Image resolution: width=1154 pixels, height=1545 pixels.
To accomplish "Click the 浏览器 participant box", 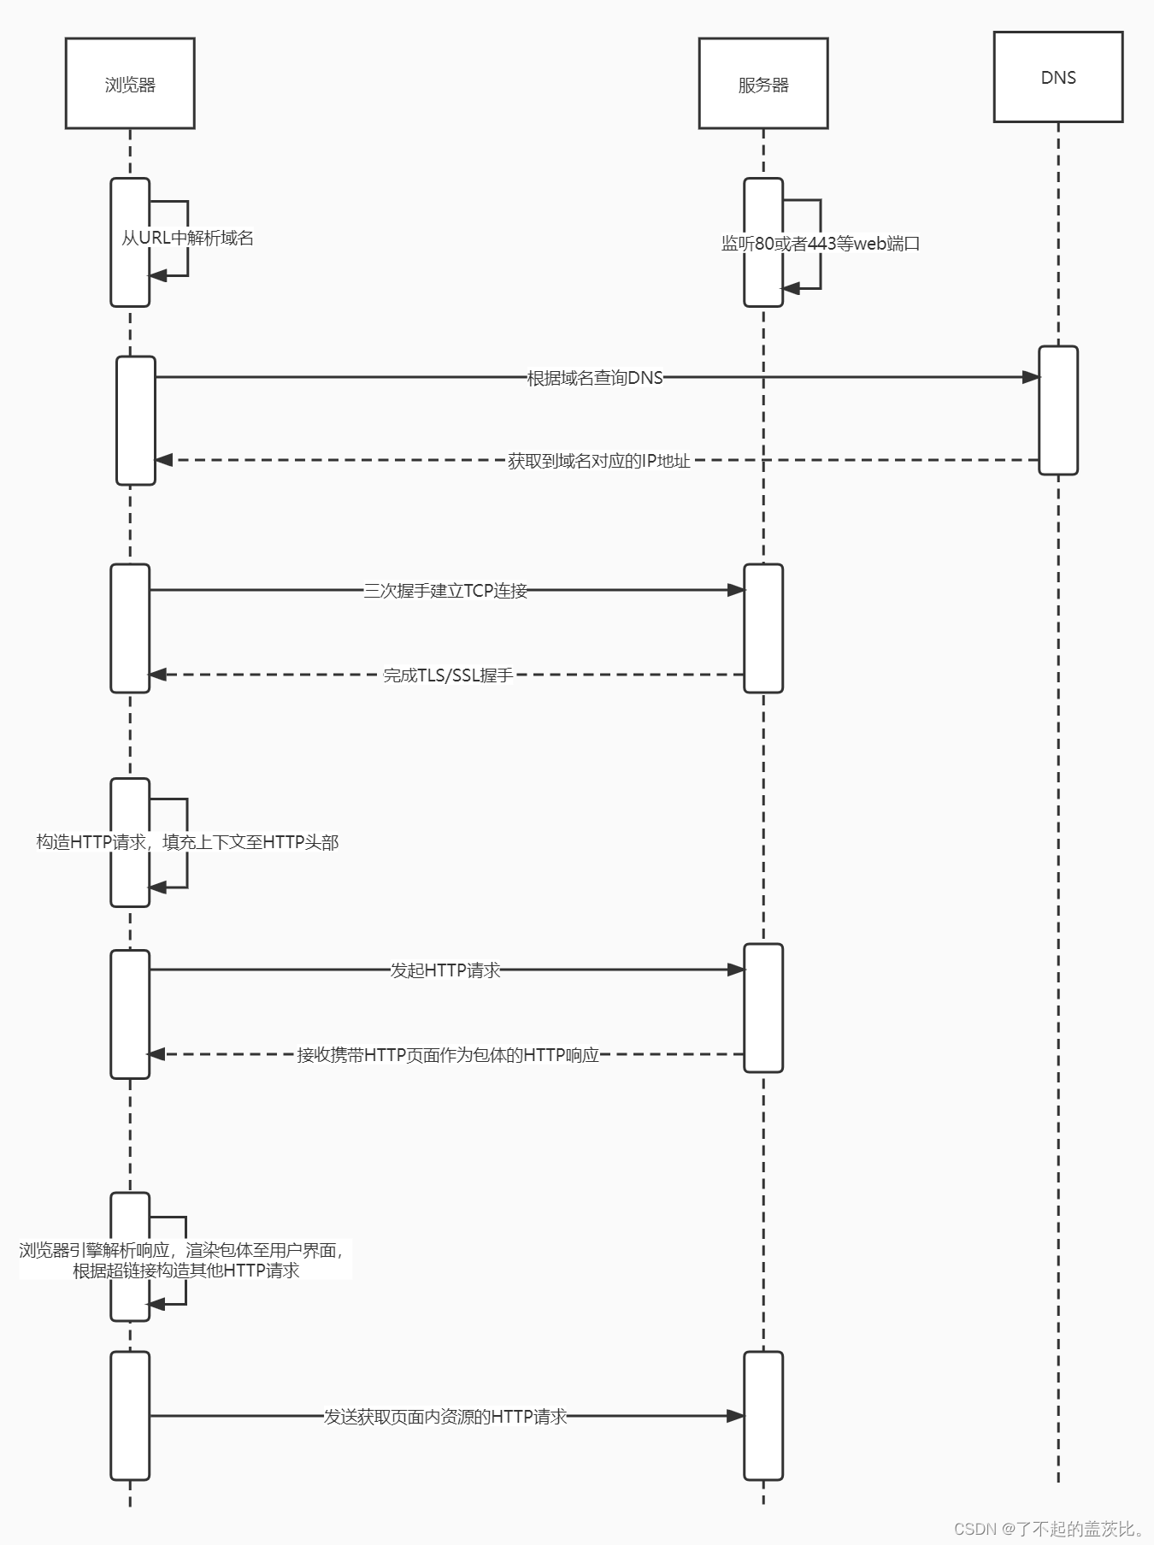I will coord(130,84).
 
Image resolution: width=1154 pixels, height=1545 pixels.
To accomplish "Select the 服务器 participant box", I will coord(762,84).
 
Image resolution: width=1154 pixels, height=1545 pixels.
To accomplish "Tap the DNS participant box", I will coord(1057,77).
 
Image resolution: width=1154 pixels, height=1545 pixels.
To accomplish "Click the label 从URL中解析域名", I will coord(187,239).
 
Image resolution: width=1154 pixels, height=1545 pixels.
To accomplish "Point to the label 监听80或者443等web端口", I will coord(820,244).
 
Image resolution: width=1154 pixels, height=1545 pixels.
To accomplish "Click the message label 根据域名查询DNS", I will coord(595,377).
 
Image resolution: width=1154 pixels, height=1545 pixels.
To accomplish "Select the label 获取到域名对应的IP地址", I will coord(598,461).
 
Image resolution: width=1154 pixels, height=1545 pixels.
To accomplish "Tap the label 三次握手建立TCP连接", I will coord(445,591).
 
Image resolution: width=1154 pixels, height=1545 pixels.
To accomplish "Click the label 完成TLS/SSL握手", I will coord(448,675).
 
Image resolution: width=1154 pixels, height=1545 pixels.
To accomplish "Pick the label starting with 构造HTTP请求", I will coord(187,842).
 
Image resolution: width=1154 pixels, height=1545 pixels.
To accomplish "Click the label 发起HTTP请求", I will coord(445,970).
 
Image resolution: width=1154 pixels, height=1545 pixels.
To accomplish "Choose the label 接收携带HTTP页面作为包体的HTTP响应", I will coord(448,1055).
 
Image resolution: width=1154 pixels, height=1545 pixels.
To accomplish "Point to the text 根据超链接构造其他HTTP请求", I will coord(185,1271).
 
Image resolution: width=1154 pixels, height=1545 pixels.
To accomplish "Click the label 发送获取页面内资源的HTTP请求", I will coord(445,1417).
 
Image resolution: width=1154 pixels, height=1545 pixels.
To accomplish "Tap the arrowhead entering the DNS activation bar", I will coord(1031,377).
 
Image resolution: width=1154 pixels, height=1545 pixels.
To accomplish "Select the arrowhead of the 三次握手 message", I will coord(736,590).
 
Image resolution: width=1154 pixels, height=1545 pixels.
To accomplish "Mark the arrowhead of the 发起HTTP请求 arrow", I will coord(736,970).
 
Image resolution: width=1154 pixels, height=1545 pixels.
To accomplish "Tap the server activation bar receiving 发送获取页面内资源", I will coord(762,1415).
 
